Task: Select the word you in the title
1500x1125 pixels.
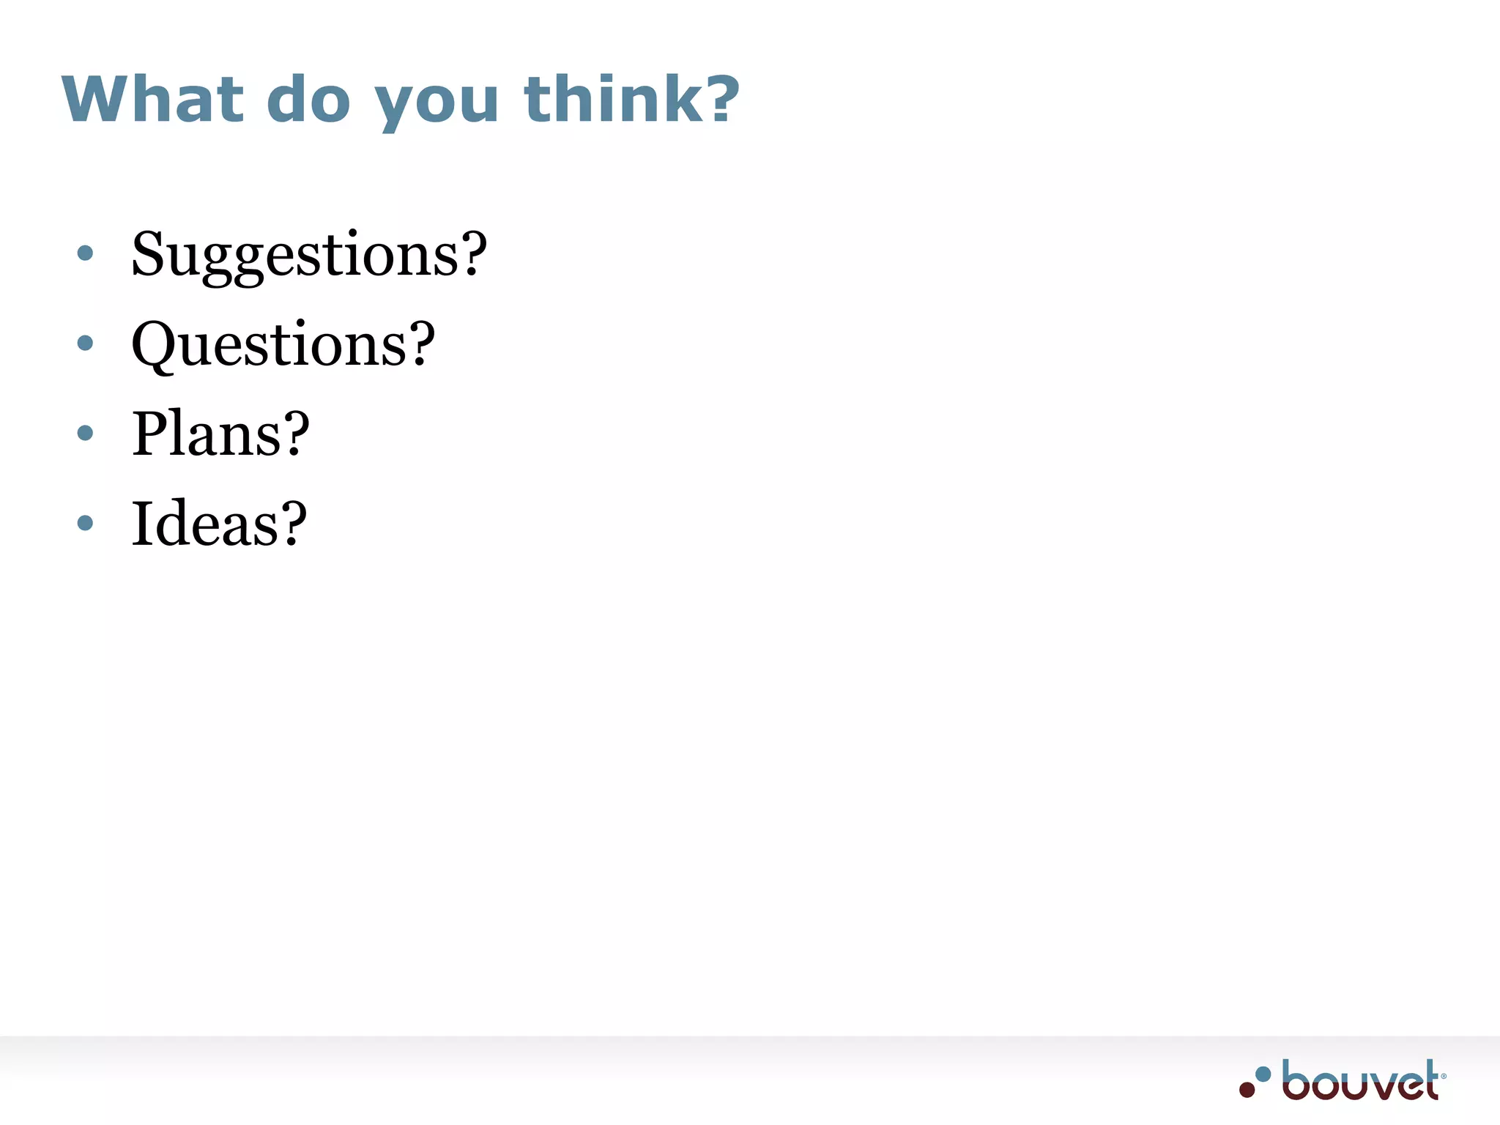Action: (x=437, y=103)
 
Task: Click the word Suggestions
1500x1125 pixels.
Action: (x=293, y=255)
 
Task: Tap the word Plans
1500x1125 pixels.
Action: (x=205, y=434)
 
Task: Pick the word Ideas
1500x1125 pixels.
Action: (x=204, y=523)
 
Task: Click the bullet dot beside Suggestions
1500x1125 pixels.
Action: (x=85, y=253)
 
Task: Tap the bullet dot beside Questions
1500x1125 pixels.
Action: (x=85, y=343)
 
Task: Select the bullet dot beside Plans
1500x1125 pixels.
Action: (x=85, y=433)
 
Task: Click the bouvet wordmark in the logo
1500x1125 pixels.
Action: (x=1359, y=1081)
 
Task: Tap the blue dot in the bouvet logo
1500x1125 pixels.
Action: (x=1263, y=1074)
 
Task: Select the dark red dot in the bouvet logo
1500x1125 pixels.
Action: (x=1247, y=1089)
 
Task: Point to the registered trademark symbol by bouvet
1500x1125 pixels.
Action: (x=1444, y=1076)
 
